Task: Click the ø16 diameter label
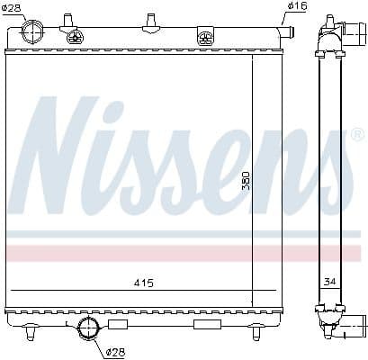coord(296,7)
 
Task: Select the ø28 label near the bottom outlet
coord(114,351)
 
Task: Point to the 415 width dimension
coord(143,283)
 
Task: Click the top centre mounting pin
coord(148,20)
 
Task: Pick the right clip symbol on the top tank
coord(206,38)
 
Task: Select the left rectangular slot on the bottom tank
coord(118,323)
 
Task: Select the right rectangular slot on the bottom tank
coord(203,323)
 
